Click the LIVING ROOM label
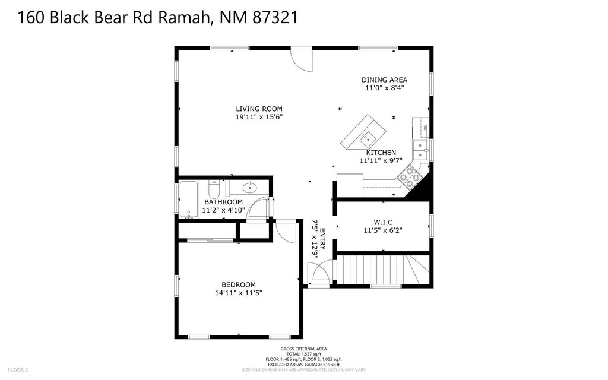[x=259, y=109]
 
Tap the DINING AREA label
[x=385, y=80]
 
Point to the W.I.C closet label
[x=383, y=222]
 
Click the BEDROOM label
[x=238, y=284]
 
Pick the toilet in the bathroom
[x=215, y=189]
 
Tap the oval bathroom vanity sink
[x=249, y=188]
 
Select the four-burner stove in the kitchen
[x=410, y=175]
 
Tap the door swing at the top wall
[x=301, y=59]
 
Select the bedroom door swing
[x=286, y=231]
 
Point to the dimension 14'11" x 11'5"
[x=238, y=293]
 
